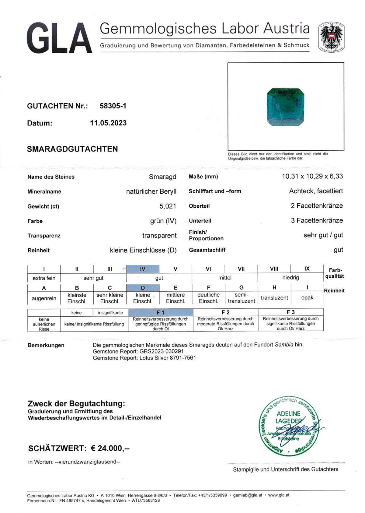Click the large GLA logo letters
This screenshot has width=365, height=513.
[59, 38]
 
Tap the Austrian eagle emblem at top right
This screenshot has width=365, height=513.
[331, 37]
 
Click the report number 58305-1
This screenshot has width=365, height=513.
[113, 106]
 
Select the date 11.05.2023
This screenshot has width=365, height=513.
[108, 123]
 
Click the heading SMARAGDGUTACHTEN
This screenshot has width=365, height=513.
[72, 149]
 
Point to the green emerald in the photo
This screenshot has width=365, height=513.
[286, 107]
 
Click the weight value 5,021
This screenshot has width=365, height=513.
[168, 206]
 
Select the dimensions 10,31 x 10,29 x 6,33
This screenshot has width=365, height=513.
[312, 176]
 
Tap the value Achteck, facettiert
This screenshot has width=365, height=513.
[316, 191]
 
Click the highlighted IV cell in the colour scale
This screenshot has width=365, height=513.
[143, 269]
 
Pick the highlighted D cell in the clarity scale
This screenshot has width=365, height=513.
[143, 288]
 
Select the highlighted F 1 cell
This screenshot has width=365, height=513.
[161, 312]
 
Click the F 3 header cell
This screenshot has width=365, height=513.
[290, 312]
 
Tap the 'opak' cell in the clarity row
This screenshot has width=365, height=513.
[307, 298]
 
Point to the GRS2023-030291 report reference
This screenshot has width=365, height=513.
[162, 351]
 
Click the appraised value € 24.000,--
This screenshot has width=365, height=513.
[110, 448]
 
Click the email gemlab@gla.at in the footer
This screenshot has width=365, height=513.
[248, 495]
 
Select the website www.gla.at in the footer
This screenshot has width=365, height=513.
[279, 495]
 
